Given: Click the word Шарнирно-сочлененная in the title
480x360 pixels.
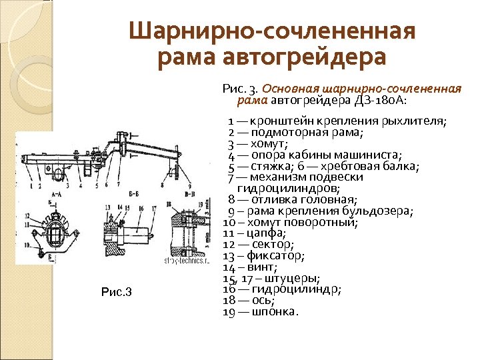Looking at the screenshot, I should pyautogui.click(x=272, y=32).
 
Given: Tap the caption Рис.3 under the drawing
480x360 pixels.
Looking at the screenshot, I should pyautogui.click(x=117, y=292).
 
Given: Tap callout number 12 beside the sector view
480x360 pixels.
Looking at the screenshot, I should pyautogui.click(x=27, y=216).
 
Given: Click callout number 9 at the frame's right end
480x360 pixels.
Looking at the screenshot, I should pyautogui.click(x=190, y=184).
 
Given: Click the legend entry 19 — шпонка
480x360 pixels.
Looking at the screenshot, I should pyautogui.click(x=260, y=312).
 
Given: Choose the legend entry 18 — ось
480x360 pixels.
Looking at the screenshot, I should pyautogui.click(x=249, y=301).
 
